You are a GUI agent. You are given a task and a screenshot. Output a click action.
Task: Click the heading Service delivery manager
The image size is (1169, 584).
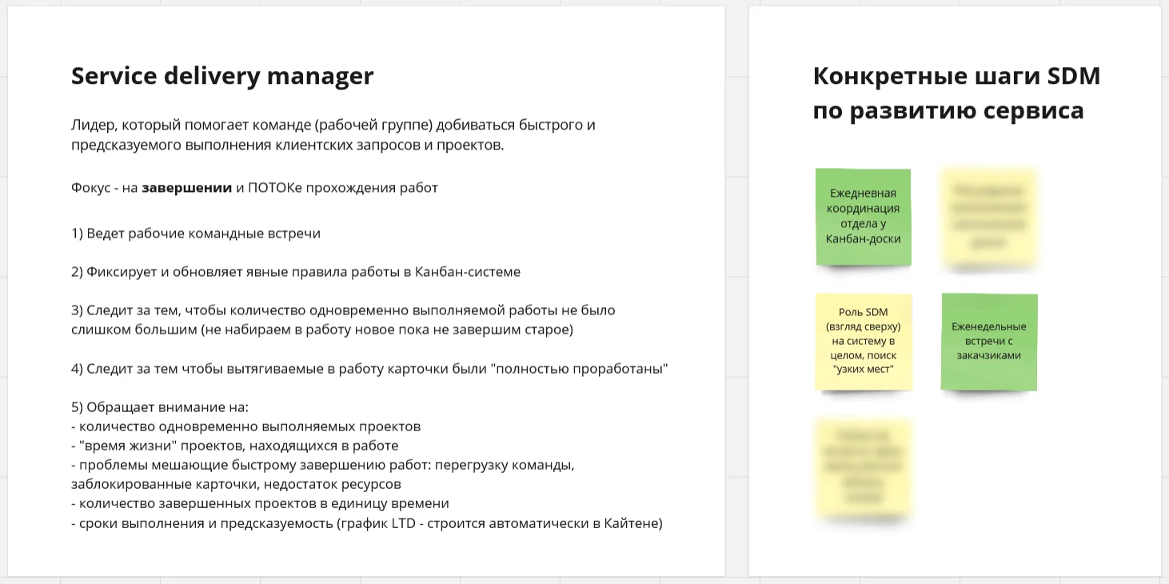222,76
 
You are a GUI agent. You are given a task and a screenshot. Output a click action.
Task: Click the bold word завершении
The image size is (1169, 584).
187,189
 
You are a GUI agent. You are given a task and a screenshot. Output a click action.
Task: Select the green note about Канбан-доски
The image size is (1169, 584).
863,216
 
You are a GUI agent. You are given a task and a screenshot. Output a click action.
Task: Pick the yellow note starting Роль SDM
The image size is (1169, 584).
863,342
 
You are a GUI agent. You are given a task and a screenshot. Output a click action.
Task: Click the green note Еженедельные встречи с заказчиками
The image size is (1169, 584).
989,342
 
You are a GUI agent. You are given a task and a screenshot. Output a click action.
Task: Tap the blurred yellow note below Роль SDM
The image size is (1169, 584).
863,468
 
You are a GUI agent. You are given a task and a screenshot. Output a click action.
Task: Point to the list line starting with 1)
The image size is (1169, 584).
196,234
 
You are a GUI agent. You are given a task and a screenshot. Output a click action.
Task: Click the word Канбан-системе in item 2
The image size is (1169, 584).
468,272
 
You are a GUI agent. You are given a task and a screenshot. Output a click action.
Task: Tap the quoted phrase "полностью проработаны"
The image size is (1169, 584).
580,369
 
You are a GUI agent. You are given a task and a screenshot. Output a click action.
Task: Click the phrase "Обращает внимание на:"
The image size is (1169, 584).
167,407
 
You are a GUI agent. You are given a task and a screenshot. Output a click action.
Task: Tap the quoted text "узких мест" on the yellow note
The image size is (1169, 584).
863,370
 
